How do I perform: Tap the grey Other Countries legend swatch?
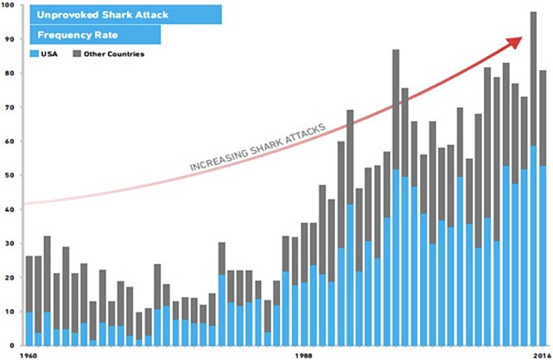[x=75, y=54]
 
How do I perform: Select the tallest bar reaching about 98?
[x=533, y=173]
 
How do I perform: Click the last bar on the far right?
[x=543, y=207]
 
